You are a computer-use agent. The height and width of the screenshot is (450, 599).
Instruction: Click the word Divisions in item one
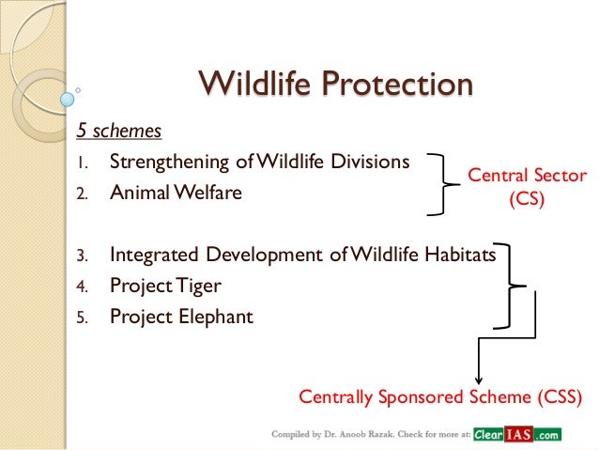(x=373, y=162)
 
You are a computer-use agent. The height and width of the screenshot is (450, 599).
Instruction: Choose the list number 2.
(x=82, y=194)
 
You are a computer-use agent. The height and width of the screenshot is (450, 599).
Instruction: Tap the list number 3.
(x=82, y=255)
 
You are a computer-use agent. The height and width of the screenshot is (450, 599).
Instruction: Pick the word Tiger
(x=198, y=285)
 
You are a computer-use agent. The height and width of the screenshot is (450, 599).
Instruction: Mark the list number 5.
(x=82, y=318)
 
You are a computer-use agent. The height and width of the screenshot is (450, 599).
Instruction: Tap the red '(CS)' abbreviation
(x=526, y=198)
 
